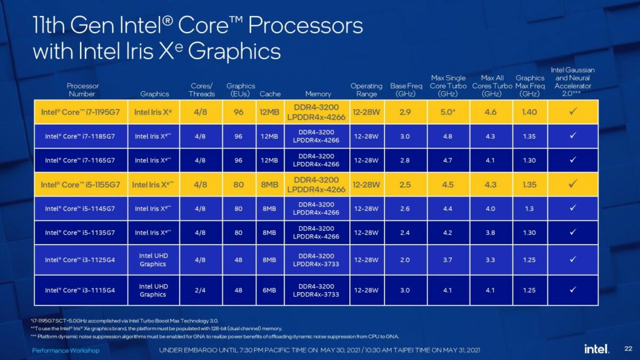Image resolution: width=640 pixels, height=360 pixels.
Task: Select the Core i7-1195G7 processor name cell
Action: (x=81, y=112)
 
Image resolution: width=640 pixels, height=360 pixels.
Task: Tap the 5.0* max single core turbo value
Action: (x=448, y=112)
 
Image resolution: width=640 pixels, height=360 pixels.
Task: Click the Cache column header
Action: (x=270, y=94)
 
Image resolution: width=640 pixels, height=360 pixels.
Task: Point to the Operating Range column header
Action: (x=366, y=90)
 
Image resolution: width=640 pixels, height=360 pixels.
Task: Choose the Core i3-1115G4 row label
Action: (x=80, y=290)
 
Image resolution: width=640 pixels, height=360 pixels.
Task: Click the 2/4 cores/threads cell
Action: (x=201, y=290)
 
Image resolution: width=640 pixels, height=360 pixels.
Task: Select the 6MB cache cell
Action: (x=269, y=290)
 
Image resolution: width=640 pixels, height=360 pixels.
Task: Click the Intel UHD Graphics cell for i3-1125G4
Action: (x=153, y=260)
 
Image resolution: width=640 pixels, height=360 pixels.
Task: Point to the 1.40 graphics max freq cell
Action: (x=530, y=112)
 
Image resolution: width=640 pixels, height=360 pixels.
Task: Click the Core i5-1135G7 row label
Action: (x=80, y=233)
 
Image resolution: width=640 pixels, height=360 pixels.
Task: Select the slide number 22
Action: (x=628, y=349)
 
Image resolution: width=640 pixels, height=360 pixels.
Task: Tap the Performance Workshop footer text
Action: (x=66, y=350)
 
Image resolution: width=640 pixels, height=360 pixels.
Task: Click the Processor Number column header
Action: (x=83, y=90)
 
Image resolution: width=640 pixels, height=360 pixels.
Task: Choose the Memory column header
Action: (x=318, y=94)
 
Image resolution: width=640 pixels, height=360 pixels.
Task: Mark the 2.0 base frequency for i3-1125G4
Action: (x=404, y=260)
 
